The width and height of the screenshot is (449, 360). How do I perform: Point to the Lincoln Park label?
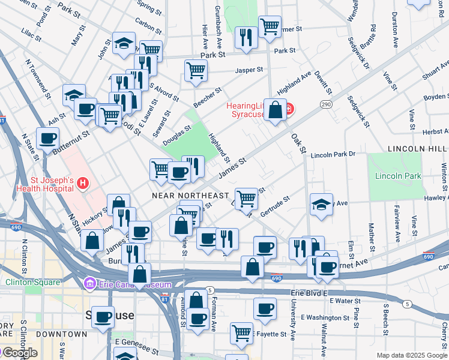point(397,176)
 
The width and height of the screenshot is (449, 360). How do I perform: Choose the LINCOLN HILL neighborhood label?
point(418,148)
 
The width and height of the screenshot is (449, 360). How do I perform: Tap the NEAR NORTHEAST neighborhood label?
point(190,196)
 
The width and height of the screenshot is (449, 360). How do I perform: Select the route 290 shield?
point(325,104)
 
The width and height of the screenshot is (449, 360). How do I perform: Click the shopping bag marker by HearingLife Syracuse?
point(275,110)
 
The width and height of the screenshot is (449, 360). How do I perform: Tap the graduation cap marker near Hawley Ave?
point(321,204)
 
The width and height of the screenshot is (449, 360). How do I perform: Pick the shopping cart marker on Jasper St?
point(196,70)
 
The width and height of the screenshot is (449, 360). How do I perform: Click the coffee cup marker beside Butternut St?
point(47,138)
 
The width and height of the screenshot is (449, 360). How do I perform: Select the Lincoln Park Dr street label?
point(333,155)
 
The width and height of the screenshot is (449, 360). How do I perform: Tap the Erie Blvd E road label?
point(310,292)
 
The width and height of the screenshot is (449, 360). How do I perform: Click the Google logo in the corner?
point(20,352)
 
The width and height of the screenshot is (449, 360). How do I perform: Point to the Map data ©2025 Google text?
point(412,355)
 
